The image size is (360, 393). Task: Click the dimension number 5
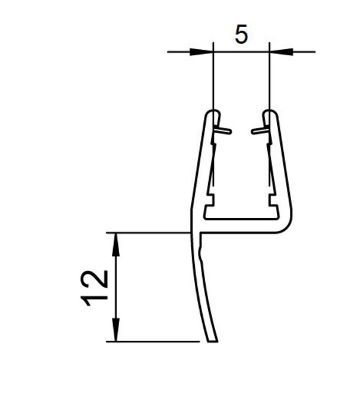241,35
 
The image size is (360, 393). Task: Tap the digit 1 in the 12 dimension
98,298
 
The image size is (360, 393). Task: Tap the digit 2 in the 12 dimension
98,278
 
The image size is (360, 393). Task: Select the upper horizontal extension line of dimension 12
154,233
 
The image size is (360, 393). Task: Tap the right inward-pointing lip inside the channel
259,130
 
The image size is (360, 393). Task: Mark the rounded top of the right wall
270,113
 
